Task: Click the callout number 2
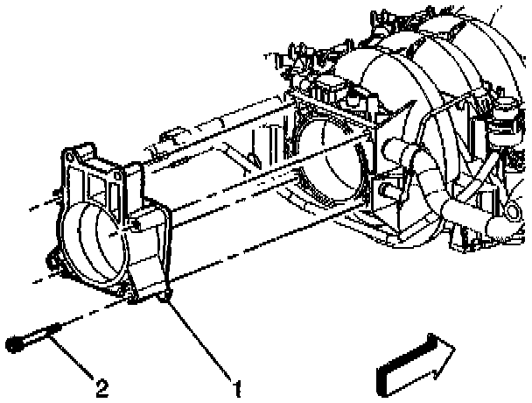pos(101,386)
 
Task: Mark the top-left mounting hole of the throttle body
pos(68,157)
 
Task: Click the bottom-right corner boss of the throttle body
pos(164,299)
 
